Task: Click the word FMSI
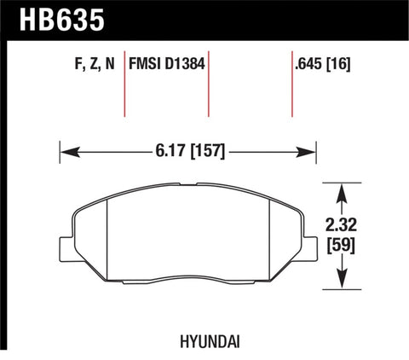[x=147, y=62]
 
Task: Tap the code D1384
[x=187, y=62]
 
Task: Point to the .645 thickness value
[x=307, y=62]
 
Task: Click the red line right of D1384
[x=209, y=85]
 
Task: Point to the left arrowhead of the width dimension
[x=67, y=153]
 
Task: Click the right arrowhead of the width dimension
[x=308, y=153]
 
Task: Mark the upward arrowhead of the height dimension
[x=342, y=189]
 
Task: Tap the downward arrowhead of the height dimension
[x=342, y=281]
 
